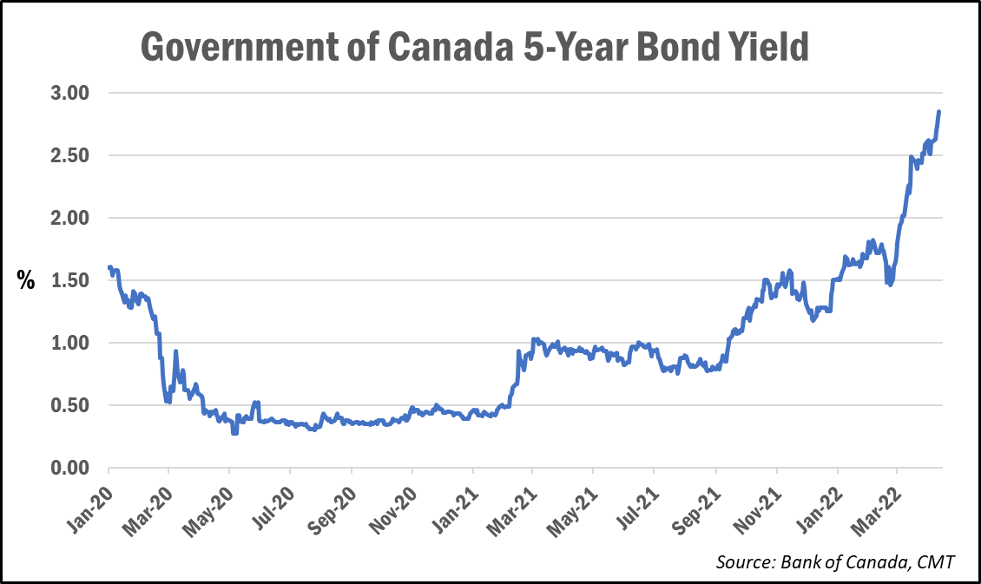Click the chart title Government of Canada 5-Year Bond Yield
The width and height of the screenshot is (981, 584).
pyautogui.click(x=474, y=47)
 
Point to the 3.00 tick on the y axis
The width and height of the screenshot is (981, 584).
pyautogui.click(x=75, y=93)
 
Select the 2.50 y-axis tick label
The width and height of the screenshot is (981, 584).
pyautogui.click(x=75, y=155)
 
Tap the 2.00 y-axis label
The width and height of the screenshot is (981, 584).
pyautogui.click(x=75, y=218)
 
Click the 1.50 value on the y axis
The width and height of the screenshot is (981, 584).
pyautogui.click(x=75, y=280)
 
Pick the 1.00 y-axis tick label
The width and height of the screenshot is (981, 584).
pyautogui.click(x=75, y=343)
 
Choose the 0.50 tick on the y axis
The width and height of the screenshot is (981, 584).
pyautogui.click(x=75, y=405)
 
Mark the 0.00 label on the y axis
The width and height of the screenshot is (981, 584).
pyautogui.click(x=75, y=468)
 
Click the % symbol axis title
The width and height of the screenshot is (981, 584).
pyautogui.click(x=26, y=280)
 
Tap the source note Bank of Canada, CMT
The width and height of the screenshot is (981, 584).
pyautogui.click(x=835, y=562)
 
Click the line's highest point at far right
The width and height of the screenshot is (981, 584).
pyautogui.click(x=938, y=112)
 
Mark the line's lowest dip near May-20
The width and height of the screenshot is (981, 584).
pyautogui.click(x=234, y=432)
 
